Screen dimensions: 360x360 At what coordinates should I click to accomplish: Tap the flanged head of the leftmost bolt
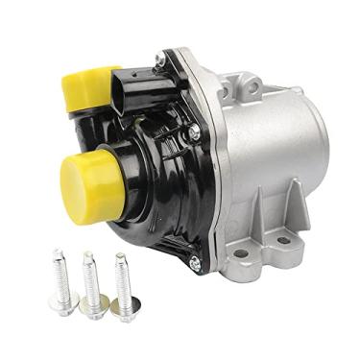tap(63, 305)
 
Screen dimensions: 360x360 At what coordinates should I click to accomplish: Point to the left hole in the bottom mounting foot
tap(241, 255)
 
